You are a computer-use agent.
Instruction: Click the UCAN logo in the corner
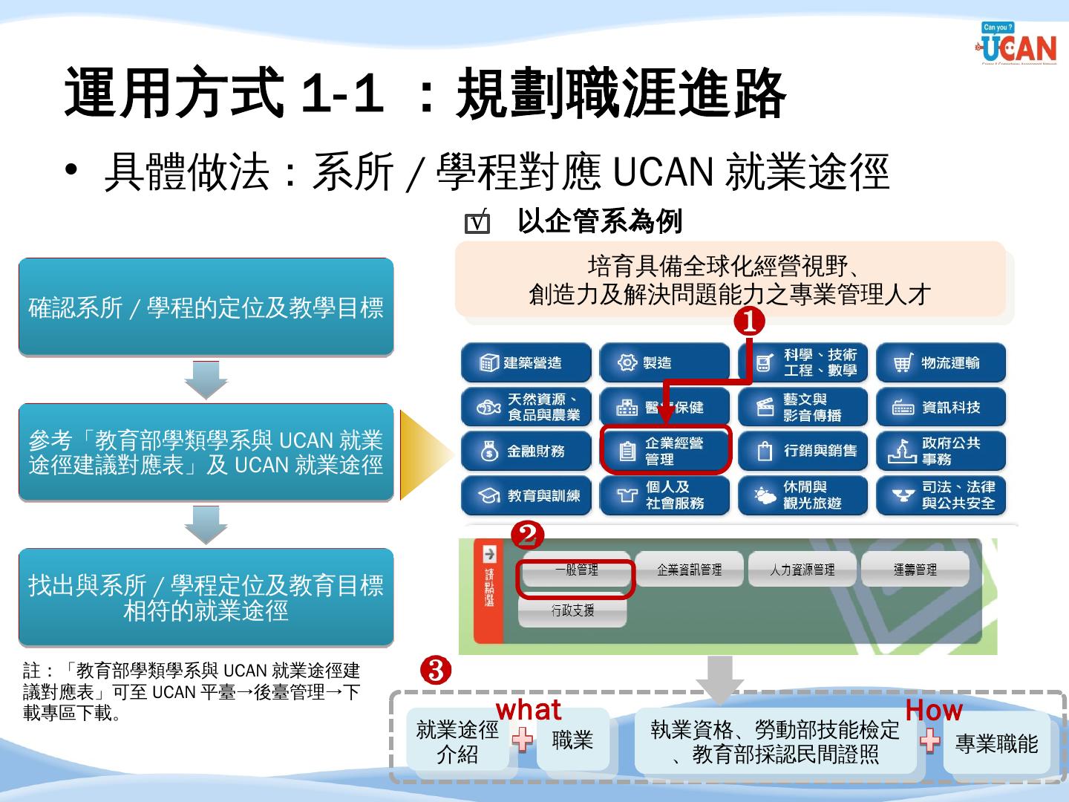pos(1018,45)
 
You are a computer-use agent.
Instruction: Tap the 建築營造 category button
pos(526,362)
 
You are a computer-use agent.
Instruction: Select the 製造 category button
pos(664,362)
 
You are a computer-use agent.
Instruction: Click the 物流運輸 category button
pos(941,362)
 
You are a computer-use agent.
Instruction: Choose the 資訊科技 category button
pos(941,407)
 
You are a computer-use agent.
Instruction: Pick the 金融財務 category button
pos(526,451)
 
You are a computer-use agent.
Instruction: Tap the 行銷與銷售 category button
pos(802,451)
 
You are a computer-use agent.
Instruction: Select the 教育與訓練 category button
pos(526,495)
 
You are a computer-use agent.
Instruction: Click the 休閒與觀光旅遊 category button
pos(802,495)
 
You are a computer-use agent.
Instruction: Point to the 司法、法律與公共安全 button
pos(941,495)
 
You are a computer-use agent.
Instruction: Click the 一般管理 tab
pos(577,570)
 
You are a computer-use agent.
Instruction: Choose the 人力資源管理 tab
pos(802,570)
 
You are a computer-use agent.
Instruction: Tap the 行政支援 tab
pos(572,611)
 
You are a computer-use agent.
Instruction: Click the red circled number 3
pos(436,671)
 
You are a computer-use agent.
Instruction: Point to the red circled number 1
pos(749,322)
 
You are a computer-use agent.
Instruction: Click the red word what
pos(529,710)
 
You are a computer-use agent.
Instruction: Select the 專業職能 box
pos(996,744)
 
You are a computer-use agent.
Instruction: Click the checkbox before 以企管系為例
pos(477,223)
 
